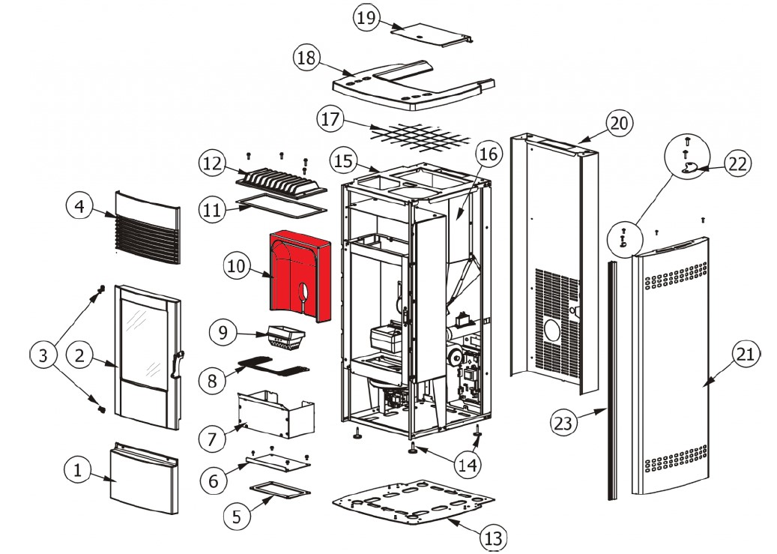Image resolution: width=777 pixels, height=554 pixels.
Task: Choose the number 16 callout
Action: (x=488, y=155)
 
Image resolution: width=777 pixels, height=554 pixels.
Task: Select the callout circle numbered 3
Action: (x=43, y=355)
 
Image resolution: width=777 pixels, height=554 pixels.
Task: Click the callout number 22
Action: (x=739, y=163)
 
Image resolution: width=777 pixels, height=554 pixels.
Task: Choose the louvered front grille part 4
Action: (x=148, y=226)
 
